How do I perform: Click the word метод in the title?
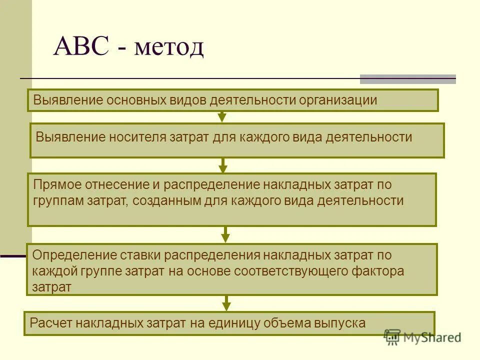click(x=169, y=48)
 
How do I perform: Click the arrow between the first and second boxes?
click(x=222, y=117)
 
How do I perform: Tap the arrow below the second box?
click(x=223, y=165)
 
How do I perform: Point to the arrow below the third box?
click(x=225, y=234)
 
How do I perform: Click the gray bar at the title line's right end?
click(x=408, y=79)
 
